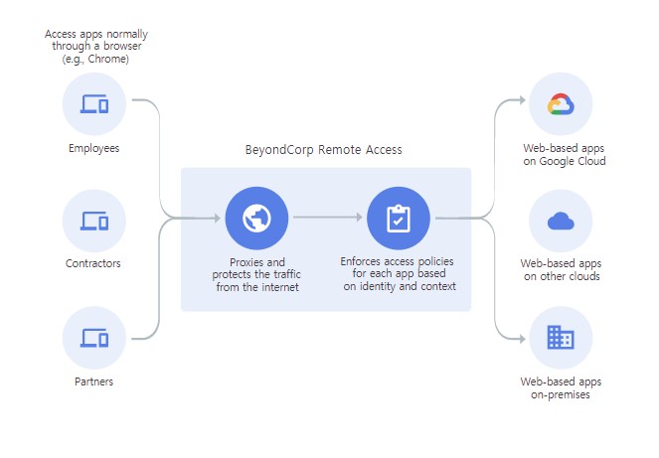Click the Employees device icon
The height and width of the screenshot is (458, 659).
click(93, 103)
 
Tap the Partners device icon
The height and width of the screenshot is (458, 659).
click(93, 337)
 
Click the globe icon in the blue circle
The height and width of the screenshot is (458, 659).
click(255, 218)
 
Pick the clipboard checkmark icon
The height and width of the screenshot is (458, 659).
click(398, 218)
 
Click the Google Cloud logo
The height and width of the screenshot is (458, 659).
click(561, 104)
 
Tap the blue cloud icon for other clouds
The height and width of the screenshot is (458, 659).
click(561, 221)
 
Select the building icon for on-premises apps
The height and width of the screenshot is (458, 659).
click(561, 338)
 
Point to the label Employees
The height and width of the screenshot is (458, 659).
click(93, 149)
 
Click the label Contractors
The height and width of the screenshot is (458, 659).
click(93, 264)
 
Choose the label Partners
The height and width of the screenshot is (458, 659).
click(93, 382)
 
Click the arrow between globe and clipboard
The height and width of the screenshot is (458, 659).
click(327, 218)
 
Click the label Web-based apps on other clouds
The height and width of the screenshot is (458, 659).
click(561, 270)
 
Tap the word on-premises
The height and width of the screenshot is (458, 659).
click(561, 394)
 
